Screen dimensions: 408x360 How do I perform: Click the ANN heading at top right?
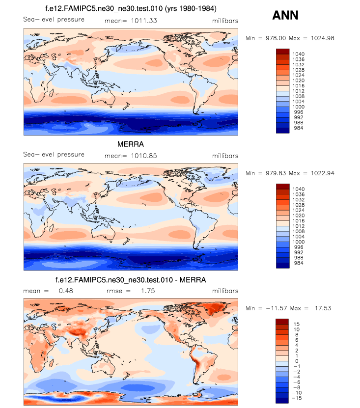[285, 15]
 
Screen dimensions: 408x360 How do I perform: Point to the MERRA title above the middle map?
[130, 145]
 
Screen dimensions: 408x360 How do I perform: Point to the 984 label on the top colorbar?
[298, 128]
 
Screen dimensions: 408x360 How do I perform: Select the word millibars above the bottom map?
[225, 290]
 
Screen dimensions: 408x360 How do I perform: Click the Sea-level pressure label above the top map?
[54, 20]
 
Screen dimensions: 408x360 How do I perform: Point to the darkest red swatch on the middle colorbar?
[283, 186]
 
